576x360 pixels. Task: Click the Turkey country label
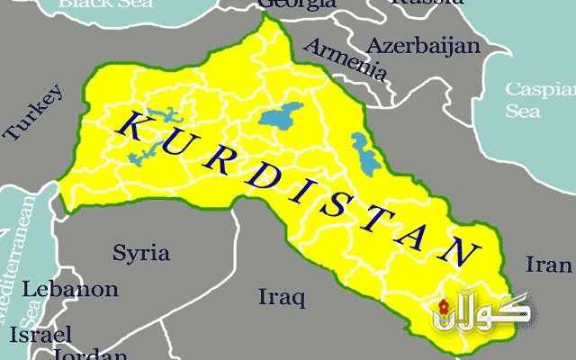[x=35, y=113]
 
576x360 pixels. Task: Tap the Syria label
[x=140, y=252]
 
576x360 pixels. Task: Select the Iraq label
[x=282, y=296]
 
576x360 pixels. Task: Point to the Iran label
[x=548, y=265]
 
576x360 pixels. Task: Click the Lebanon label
[x=69, y=290]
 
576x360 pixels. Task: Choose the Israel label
[x=40, y=334]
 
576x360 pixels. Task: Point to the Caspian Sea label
[x=535, y=100]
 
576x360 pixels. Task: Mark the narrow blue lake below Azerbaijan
[x=362, y=146]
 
